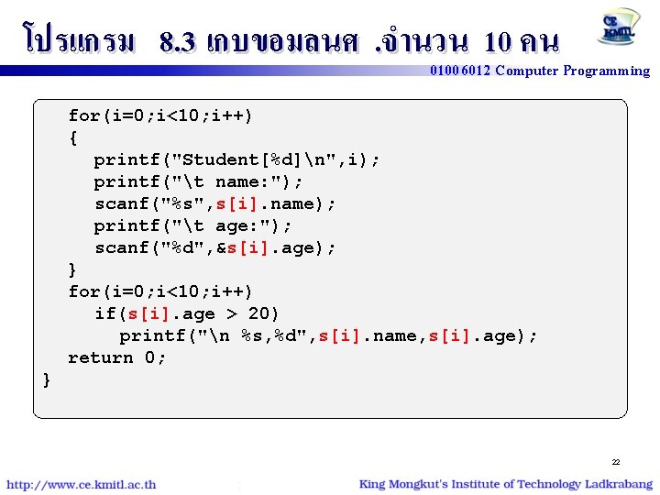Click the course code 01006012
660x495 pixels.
tap(460, 71)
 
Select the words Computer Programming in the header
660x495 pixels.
tap(572, 71)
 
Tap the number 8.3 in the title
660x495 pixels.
tap(177, 41)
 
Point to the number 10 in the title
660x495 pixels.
tap(499, 41)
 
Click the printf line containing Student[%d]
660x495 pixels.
tap(236, 159)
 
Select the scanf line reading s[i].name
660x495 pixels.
tap(215, 203)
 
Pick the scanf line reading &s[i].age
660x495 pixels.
tap(215, 247)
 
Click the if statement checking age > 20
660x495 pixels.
tap(187, 313)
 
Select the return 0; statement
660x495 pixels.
tap(117, 357)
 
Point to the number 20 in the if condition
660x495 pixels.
tap(264, 313)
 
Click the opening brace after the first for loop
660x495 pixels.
tap(73, 138)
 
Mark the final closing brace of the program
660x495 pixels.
tap(47, 379)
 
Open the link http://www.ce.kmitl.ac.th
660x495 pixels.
tap(82, 484)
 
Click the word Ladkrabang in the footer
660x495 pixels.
tap(618, 484)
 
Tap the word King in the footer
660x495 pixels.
tap(373, 484)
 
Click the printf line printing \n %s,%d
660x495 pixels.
tap(328, 335)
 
